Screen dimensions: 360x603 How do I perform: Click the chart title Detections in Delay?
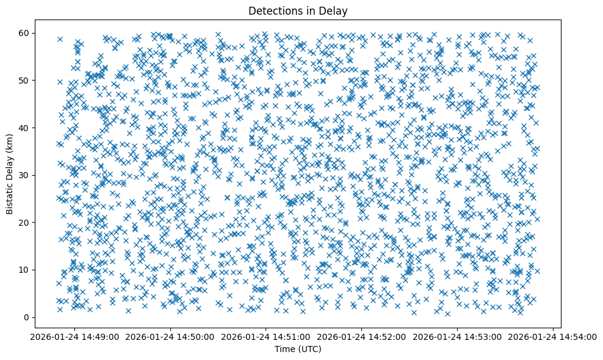(x=298, y=10)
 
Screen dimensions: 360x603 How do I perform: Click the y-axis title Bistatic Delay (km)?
(x=10, y=175)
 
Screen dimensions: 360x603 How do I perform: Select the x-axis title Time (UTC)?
(x=298, y=349)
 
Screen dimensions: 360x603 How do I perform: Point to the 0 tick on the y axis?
(x=27, y=317)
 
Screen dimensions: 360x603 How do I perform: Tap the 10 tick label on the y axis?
(x=24, y=270)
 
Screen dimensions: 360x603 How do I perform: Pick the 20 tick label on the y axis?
(x=24, y=223)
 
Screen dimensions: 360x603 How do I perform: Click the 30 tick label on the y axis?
(x=24, y=175)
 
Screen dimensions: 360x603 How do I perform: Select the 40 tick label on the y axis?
(x=24, y=128)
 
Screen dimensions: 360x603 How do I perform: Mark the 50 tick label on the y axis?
(x=24, y=81)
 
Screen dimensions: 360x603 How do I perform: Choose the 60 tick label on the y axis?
(x=24, y=33)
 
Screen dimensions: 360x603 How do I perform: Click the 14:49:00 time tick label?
(x=75, y=336)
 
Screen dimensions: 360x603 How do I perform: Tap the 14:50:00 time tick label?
(x=171, y=336)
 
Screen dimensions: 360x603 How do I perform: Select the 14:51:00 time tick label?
(x=266, y=336)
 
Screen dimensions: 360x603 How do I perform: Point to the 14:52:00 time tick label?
(x=362, y=336)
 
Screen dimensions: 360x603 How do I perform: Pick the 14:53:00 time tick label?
(x=458, y=336)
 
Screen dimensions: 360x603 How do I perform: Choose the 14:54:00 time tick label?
(x=553, y=336)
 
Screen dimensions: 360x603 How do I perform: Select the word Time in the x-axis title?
(x=285, y=349)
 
